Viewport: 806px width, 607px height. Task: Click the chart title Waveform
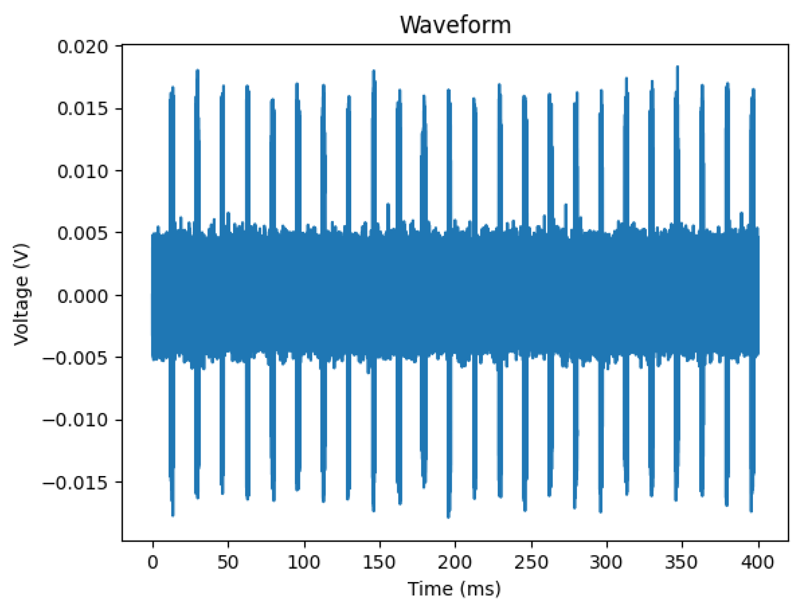tap(455, 25)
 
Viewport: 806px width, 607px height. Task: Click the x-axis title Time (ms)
tap(454, 589)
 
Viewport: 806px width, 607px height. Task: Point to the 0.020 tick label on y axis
tap(83, 47)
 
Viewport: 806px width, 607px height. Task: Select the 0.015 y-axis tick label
tap(83, 109)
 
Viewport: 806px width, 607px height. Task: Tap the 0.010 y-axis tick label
tap(83, 172)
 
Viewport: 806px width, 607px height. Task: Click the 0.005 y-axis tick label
tap(83, 233)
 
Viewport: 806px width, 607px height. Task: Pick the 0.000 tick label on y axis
tap(83, 296)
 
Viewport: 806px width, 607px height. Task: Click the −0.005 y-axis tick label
tap(76, 358)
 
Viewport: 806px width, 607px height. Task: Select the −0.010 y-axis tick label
tap(76, 420)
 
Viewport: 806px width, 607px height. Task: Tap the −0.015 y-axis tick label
tap(76, 482)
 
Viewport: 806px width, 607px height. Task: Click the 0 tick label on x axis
tap(153, 562)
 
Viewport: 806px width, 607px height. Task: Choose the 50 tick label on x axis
tap(228, 562)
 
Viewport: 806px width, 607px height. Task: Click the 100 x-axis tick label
tap(304, 562)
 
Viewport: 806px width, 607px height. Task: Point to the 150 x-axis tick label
tap(379, 562)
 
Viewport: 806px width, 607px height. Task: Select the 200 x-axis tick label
tap(455, 562)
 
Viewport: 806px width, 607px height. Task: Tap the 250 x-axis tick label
tap(531, 562)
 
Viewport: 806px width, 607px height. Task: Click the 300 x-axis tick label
tap(606, 562)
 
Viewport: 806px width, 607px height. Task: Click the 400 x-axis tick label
tap(757, 562)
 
